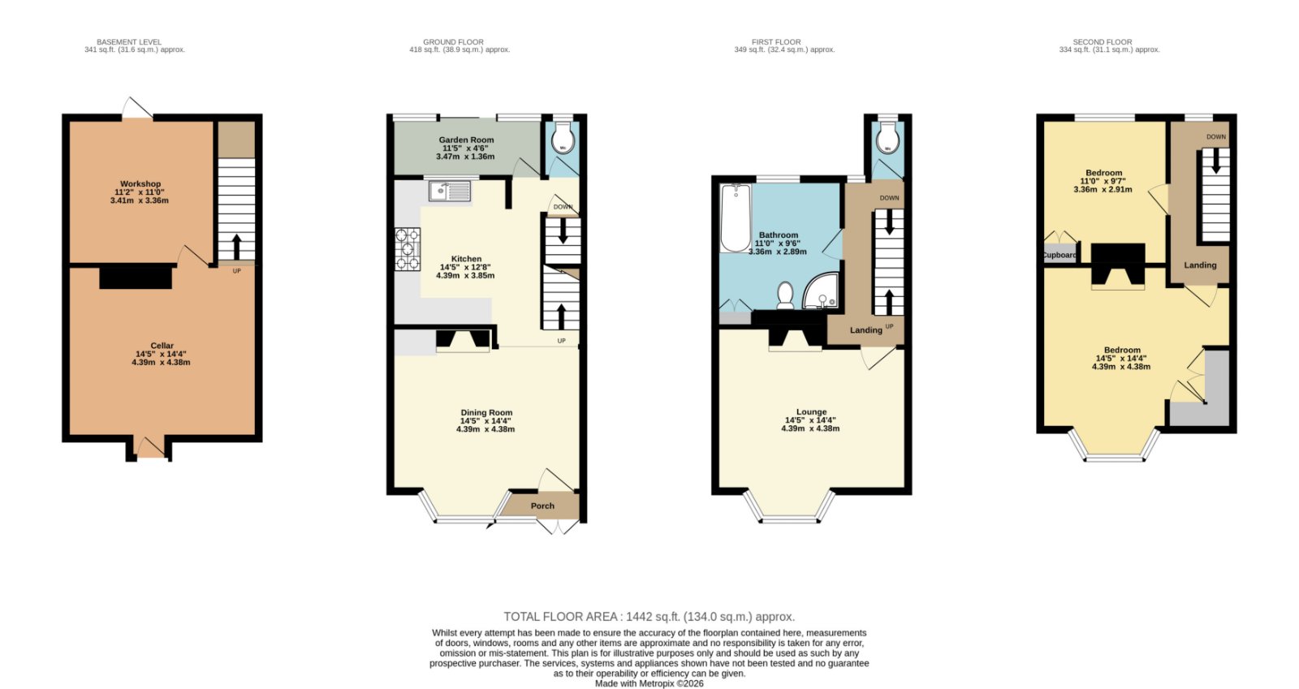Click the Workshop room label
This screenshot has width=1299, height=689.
tap(140, 183)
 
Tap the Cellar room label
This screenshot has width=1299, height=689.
tap(162, 346)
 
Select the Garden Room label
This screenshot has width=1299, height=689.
tap(466, 140)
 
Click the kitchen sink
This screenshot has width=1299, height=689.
tap(450, 191)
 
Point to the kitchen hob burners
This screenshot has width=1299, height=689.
tap(408, 249)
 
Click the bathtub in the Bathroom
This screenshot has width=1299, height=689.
tap(736, 217)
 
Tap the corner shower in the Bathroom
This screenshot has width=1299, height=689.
tap(821, 291)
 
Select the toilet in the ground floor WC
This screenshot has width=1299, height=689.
tap(563, 140)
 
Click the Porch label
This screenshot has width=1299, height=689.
tap(543, 506)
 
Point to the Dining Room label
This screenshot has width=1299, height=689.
tap(486, 412)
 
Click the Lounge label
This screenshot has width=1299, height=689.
tap(811, 411)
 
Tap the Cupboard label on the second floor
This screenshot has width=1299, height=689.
tap(1060, 255)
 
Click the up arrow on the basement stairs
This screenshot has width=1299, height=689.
tap(236, 247)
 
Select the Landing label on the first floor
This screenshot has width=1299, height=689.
tap(865, 330)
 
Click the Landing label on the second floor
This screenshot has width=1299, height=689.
tap(1200, 265)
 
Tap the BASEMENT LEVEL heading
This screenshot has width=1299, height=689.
tap(129, 41)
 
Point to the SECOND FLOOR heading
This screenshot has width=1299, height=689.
tap(1102, 41)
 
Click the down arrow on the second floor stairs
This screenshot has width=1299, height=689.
tap(1216, 161)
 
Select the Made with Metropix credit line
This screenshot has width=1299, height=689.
tap(649, 684)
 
